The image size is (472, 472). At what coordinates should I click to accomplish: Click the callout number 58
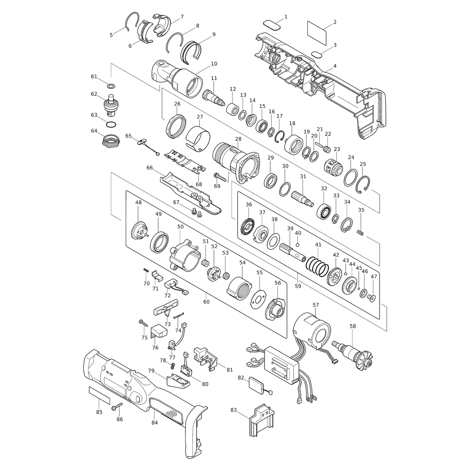tap(353, 326)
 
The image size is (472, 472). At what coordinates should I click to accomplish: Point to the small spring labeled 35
tap(360, 232)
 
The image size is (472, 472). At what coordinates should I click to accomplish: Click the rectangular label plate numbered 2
tap(317, 33)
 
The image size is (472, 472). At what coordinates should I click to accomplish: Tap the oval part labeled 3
tap(317, 55)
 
